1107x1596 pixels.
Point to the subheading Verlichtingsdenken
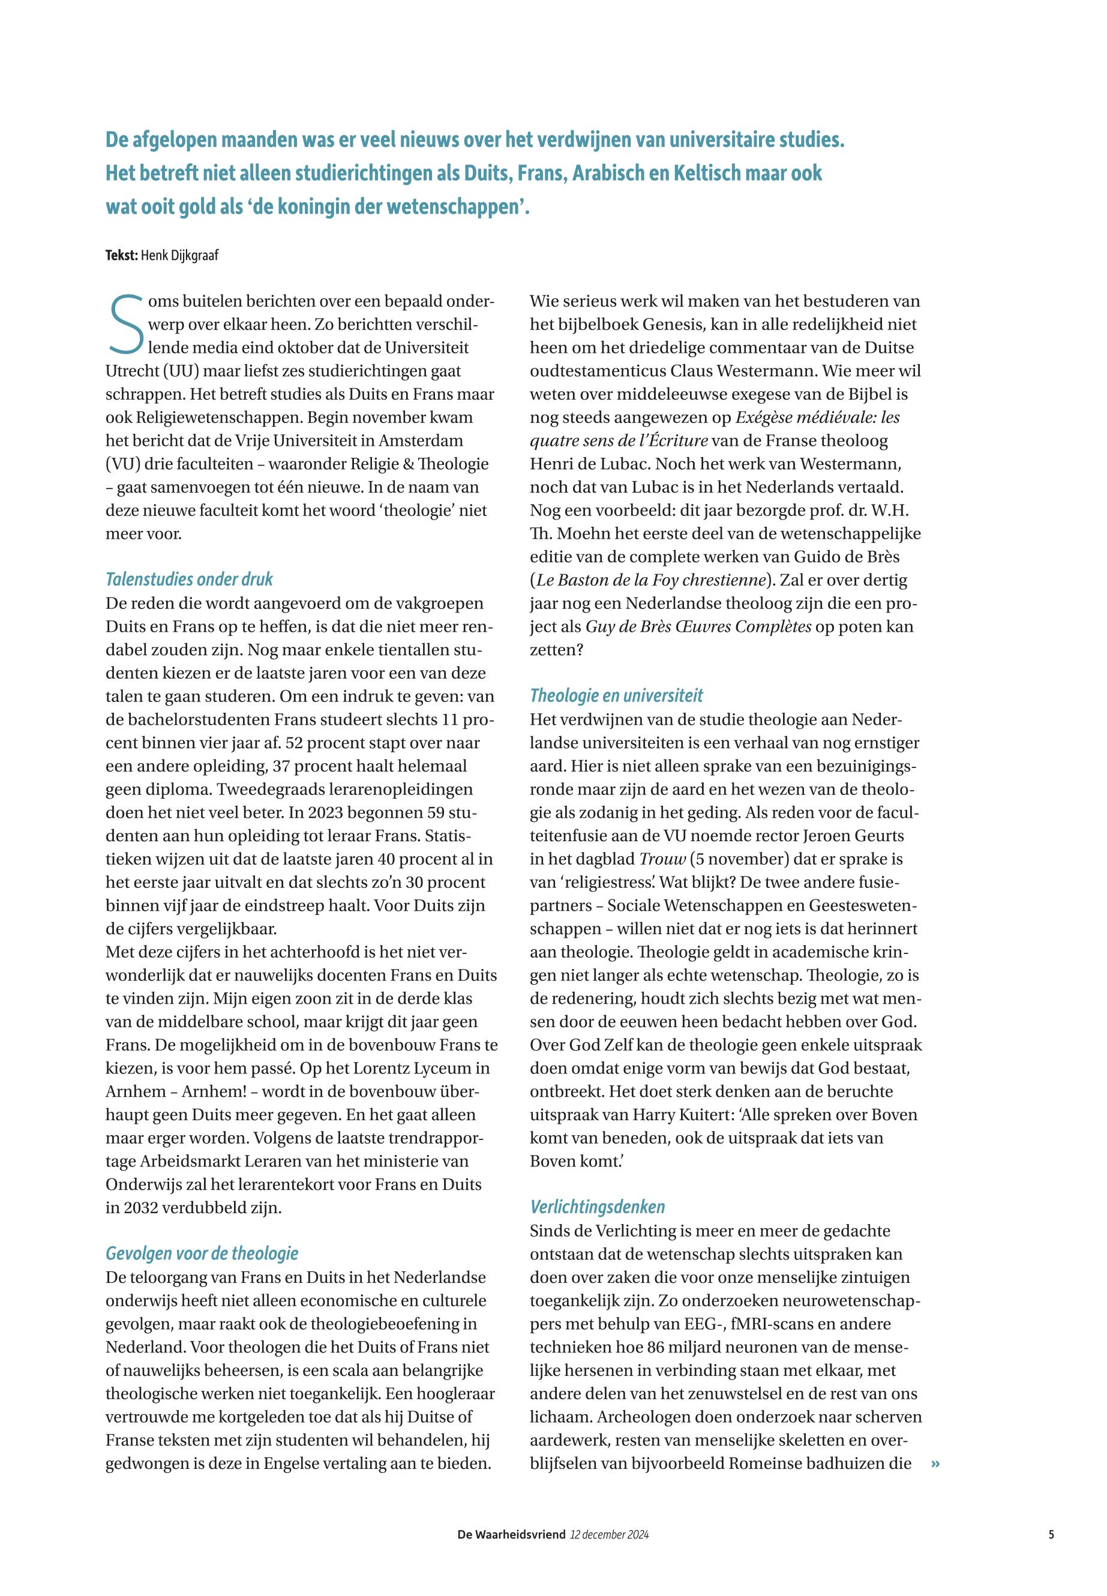(597, 1207)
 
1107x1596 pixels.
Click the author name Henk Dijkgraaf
(179, 255)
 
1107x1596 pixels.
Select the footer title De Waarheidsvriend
(511, 1534)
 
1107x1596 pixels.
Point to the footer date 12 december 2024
(609, 1534)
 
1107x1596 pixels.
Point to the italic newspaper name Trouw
(662, 859)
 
